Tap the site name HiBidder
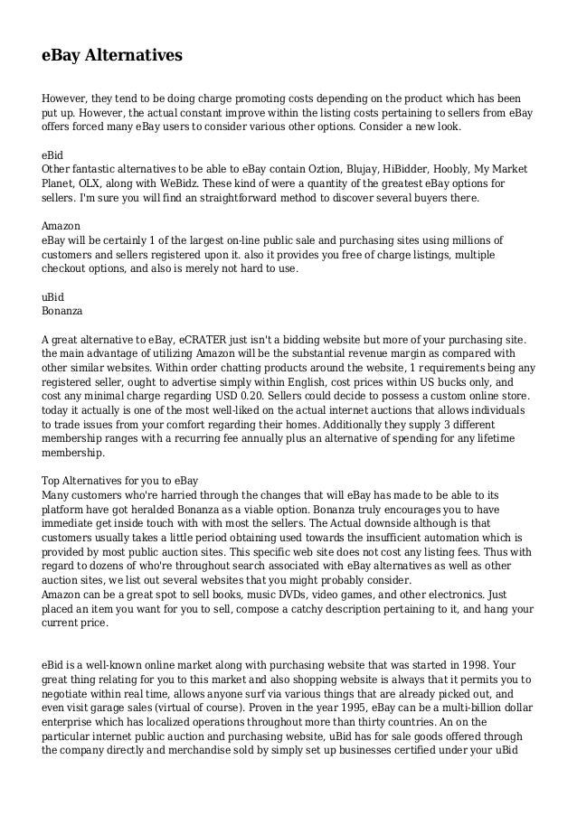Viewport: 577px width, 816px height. pyautogui.click(x=404, y=170)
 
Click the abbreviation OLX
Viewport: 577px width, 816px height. pyautogui.click(x=95, y=183)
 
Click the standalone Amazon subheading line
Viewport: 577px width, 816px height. pyautogui.click(x=61, y=225)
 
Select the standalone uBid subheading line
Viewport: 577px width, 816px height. pyautogui.click(x=53, y=295)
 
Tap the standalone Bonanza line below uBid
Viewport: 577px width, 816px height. pyautogui.click(x=62, y=309)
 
